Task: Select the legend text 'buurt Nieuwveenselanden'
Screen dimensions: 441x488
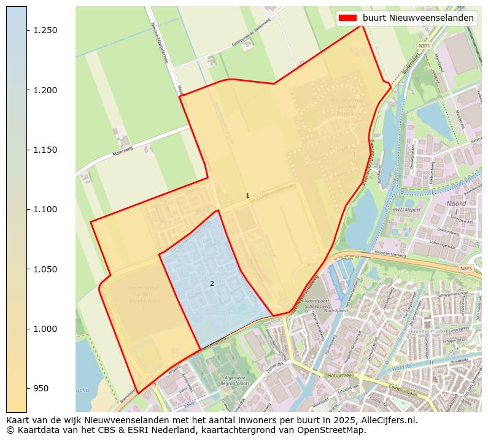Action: coord(418,18)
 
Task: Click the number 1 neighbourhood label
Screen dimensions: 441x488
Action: coord(247,196)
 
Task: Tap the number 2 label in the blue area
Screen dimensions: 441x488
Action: coord(212,283)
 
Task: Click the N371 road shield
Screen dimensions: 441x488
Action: coord(424,46)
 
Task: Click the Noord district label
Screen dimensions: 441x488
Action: coord(456,203)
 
